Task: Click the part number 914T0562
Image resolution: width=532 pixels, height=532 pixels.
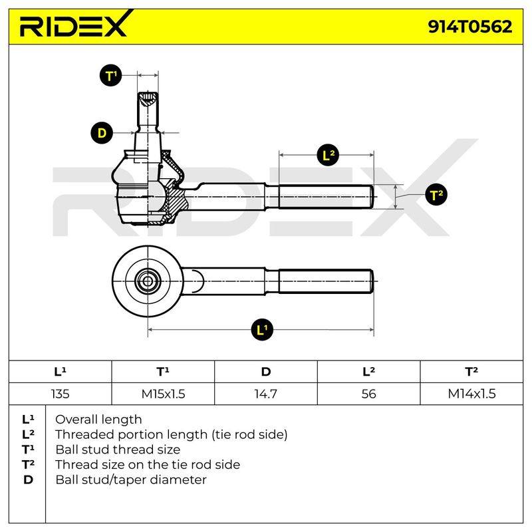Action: point(470,27)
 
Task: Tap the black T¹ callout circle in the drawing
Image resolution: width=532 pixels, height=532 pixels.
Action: point(110,75)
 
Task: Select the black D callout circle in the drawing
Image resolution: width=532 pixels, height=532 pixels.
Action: point(102,132)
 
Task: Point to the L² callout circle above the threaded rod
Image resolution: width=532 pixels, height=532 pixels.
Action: point(328,155)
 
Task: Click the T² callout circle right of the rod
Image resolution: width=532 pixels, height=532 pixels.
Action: point(436,195)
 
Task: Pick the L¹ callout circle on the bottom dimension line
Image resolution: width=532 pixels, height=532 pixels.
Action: point(262,329)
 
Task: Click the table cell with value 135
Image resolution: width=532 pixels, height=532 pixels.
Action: point(60,394)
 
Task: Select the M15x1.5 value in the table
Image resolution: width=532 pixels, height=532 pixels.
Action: point(163,394)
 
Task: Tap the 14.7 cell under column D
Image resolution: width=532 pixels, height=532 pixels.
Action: point(265,394)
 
